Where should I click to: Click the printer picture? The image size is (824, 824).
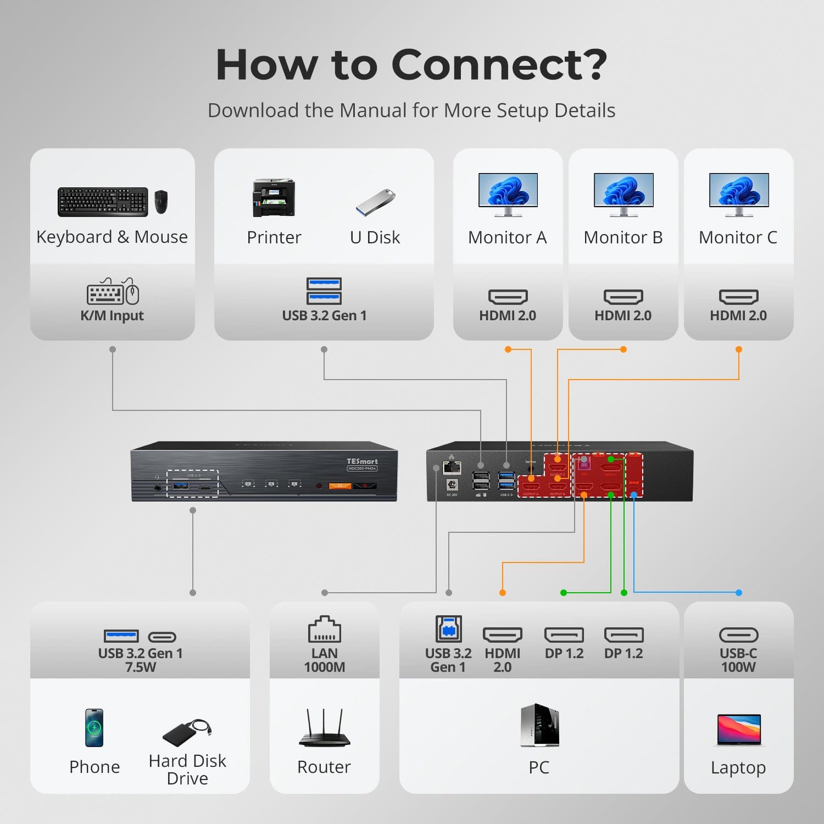pyautogui.click(x=274, y=198)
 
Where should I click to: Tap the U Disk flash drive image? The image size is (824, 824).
pyautogui.click(x=376, y=202)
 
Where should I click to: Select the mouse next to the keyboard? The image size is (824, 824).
pyautogui.click(x=161, y=202)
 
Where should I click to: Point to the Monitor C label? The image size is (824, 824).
pyautogui.click(x=738, y=237)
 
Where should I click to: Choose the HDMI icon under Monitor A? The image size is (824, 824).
pyautogui.click(x=508, y=297)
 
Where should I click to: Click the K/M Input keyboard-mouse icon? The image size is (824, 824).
pyautogui.click(x=113, y=292)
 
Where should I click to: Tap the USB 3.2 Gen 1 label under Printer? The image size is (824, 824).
pyautogui.click(x=324, y=315)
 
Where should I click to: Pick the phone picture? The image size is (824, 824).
pyautogui.click(x=94, y=728)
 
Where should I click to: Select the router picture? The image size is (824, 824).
pyautogui.click(x=324, y=729)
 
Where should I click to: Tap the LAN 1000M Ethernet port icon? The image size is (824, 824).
pyautogui.click(x=324, y=630)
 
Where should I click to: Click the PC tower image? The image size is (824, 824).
pyautogui.click(x=539, y=725)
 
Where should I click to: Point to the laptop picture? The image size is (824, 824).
pyautogui.click(x=739, y=730)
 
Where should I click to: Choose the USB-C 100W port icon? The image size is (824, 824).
pyautogui.click(x=739, y=635)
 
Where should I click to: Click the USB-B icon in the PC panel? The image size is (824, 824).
pyautogui.click(x=448, y=629)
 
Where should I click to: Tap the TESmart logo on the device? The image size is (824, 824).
pyautogui.click(x=362, y=461)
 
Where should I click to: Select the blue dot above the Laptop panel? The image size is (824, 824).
pyautogui.click(x=739, y=593)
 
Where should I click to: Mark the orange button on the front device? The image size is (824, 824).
pyautogui.click(x=340, y=486)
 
